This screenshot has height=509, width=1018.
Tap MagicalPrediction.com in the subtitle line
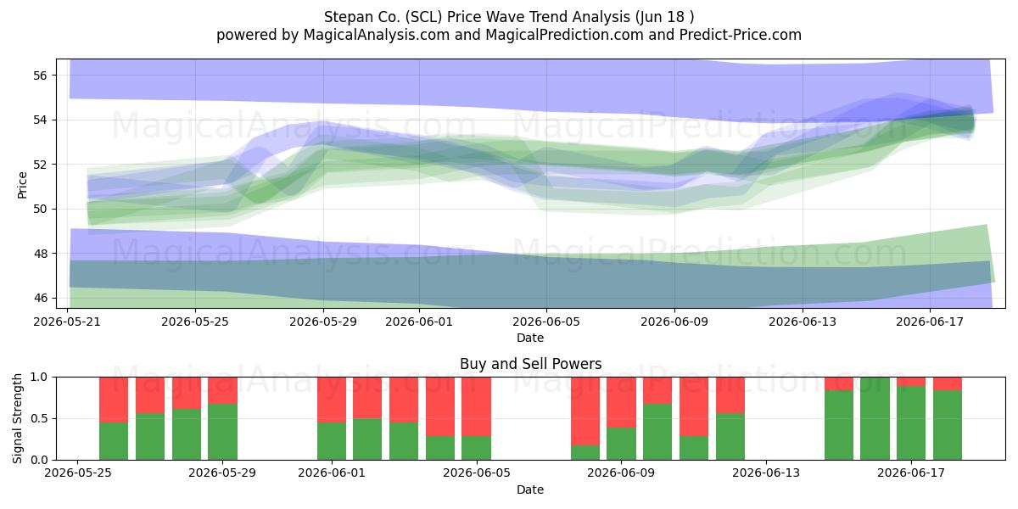point(564,35)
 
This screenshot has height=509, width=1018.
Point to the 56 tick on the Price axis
point(40,76)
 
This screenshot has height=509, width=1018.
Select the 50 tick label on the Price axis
point(40,209)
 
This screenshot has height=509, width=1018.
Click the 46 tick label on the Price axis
point(40,298)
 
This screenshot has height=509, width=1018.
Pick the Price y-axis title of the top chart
point(22,185)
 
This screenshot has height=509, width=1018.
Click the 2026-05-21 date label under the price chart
point(67,322)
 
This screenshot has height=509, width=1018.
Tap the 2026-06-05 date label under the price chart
point(546,322)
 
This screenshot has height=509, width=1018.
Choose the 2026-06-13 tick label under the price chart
point(803,322)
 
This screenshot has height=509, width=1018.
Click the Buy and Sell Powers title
point(530,364)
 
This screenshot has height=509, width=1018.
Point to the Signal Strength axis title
point(17,418)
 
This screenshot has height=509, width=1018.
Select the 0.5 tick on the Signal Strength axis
point(40,418)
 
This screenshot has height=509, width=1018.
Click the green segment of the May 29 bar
point(222,432)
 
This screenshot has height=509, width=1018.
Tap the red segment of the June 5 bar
point(476,406)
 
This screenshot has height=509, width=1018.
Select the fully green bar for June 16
point(875,418)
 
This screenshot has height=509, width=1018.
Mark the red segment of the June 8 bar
point(585,411)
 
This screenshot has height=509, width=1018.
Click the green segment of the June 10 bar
point(657,432)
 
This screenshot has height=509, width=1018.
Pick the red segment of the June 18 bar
point(948,383)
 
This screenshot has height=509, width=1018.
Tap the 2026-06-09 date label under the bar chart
point(621,473)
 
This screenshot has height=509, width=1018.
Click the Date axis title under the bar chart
point(530,489)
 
